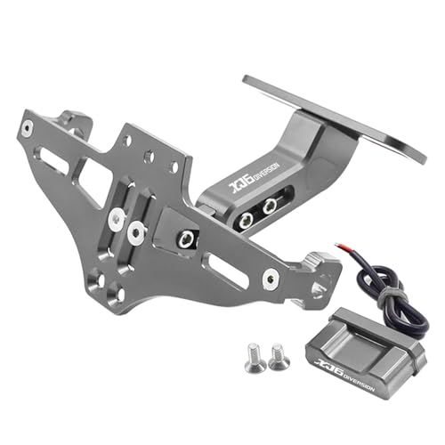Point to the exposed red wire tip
click(339, 247)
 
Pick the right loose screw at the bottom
click(278, 356)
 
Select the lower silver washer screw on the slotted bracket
click(135, 233)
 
